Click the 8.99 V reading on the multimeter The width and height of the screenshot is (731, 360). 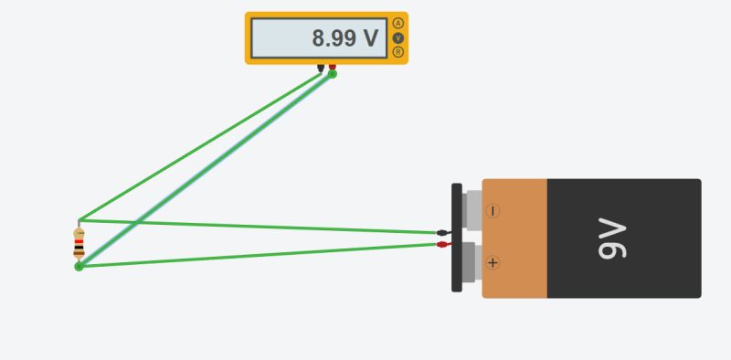344,38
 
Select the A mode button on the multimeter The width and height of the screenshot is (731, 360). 397,23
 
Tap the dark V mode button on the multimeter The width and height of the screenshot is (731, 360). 397,37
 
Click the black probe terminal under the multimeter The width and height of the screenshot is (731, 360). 321,67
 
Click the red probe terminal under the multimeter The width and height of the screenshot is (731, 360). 332,67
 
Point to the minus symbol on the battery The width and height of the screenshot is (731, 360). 493,210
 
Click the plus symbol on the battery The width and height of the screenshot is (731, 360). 493,263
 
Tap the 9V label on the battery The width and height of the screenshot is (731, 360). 612,238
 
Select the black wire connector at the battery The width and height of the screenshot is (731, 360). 442,233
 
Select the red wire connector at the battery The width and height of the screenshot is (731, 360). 442,244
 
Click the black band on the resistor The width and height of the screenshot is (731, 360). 79,248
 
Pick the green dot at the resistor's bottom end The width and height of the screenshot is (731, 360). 79,266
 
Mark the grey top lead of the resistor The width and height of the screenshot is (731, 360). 79,224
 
